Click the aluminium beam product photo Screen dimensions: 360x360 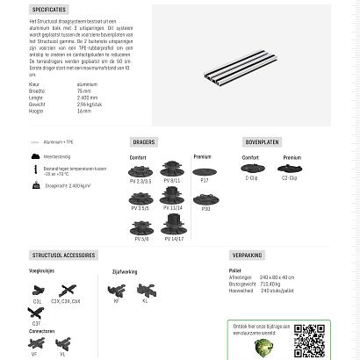click(241, 65)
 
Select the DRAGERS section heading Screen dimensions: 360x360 click(144, 141)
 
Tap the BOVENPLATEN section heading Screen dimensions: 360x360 click(262, 141)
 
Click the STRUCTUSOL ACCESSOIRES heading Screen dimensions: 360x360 click(63, 256)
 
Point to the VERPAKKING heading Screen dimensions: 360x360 click(247, 256)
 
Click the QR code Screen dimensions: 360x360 click(309, 340)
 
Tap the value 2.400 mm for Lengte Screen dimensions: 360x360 click(88, 97)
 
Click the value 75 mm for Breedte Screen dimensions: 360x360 click(84, 90)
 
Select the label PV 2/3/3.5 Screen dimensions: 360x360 click(140, 181)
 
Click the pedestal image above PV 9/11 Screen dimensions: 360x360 click(172, 169)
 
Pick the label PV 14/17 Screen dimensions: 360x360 click(173, 238)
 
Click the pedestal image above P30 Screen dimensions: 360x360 click(205, 199)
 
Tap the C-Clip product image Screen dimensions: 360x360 click(251, 169)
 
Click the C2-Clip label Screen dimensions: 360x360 click(289, 178)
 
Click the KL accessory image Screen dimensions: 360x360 click(145, 290)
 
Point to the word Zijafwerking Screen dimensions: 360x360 click(125, 272)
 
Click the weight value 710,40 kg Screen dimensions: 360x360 click(268, 284)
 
